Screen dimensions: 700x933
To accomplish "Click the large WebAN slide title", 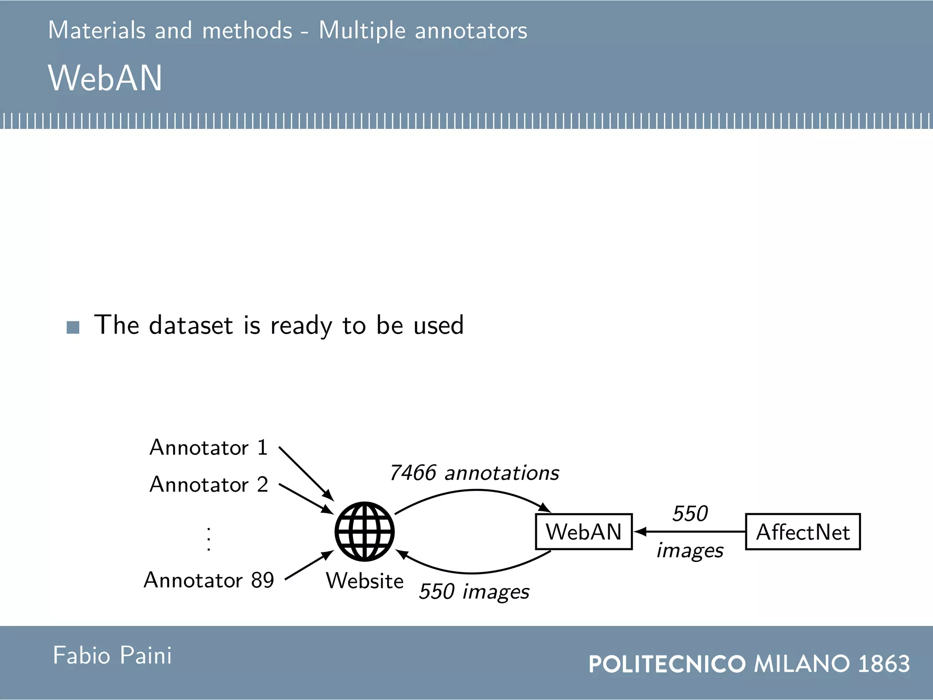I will [x=105, y=78].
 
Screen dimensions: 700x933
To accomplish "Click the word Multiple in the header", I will [x=362, y=31].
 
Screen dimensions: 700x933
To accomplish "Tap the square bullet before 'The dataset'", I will [x=73, y=327].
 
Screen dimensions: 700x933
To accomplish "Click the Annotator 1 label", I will [x=208, y=448].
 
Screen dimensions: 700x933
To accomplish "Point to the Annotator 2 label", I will [x=209, y=484].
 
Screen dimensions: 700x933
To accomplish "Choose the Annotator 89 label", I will [x=209, y=580].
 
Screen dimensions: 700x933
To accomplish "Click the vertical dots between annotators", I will [x=209, y=539].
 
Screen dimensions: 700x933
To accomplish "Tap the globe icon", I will [x=364, y=531].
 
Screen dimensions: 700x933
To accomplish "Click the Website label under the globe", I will [x=364, y=581].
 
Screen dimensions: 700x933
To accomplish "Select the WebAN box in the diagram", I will [x=584, y=532].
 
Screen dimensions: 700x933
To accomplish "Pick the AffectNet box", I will [x=803, y=532].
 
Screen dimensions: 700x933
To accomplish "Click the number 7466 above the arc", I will [x=413, y=473].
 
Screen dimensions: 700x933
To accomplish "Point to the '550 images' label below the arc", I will [x=474, y=592].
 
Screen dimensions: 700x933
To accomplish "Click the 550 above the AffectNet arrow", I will [x=690, y=514].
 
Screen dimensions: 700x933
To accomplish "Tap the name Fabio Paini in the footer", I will [x=112, y=655].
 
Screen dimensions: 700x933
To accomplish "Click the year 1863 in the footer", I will [x=884, y=664].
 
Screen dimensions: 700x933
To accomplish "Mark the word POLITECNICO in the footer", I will [x=667, y=664].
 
